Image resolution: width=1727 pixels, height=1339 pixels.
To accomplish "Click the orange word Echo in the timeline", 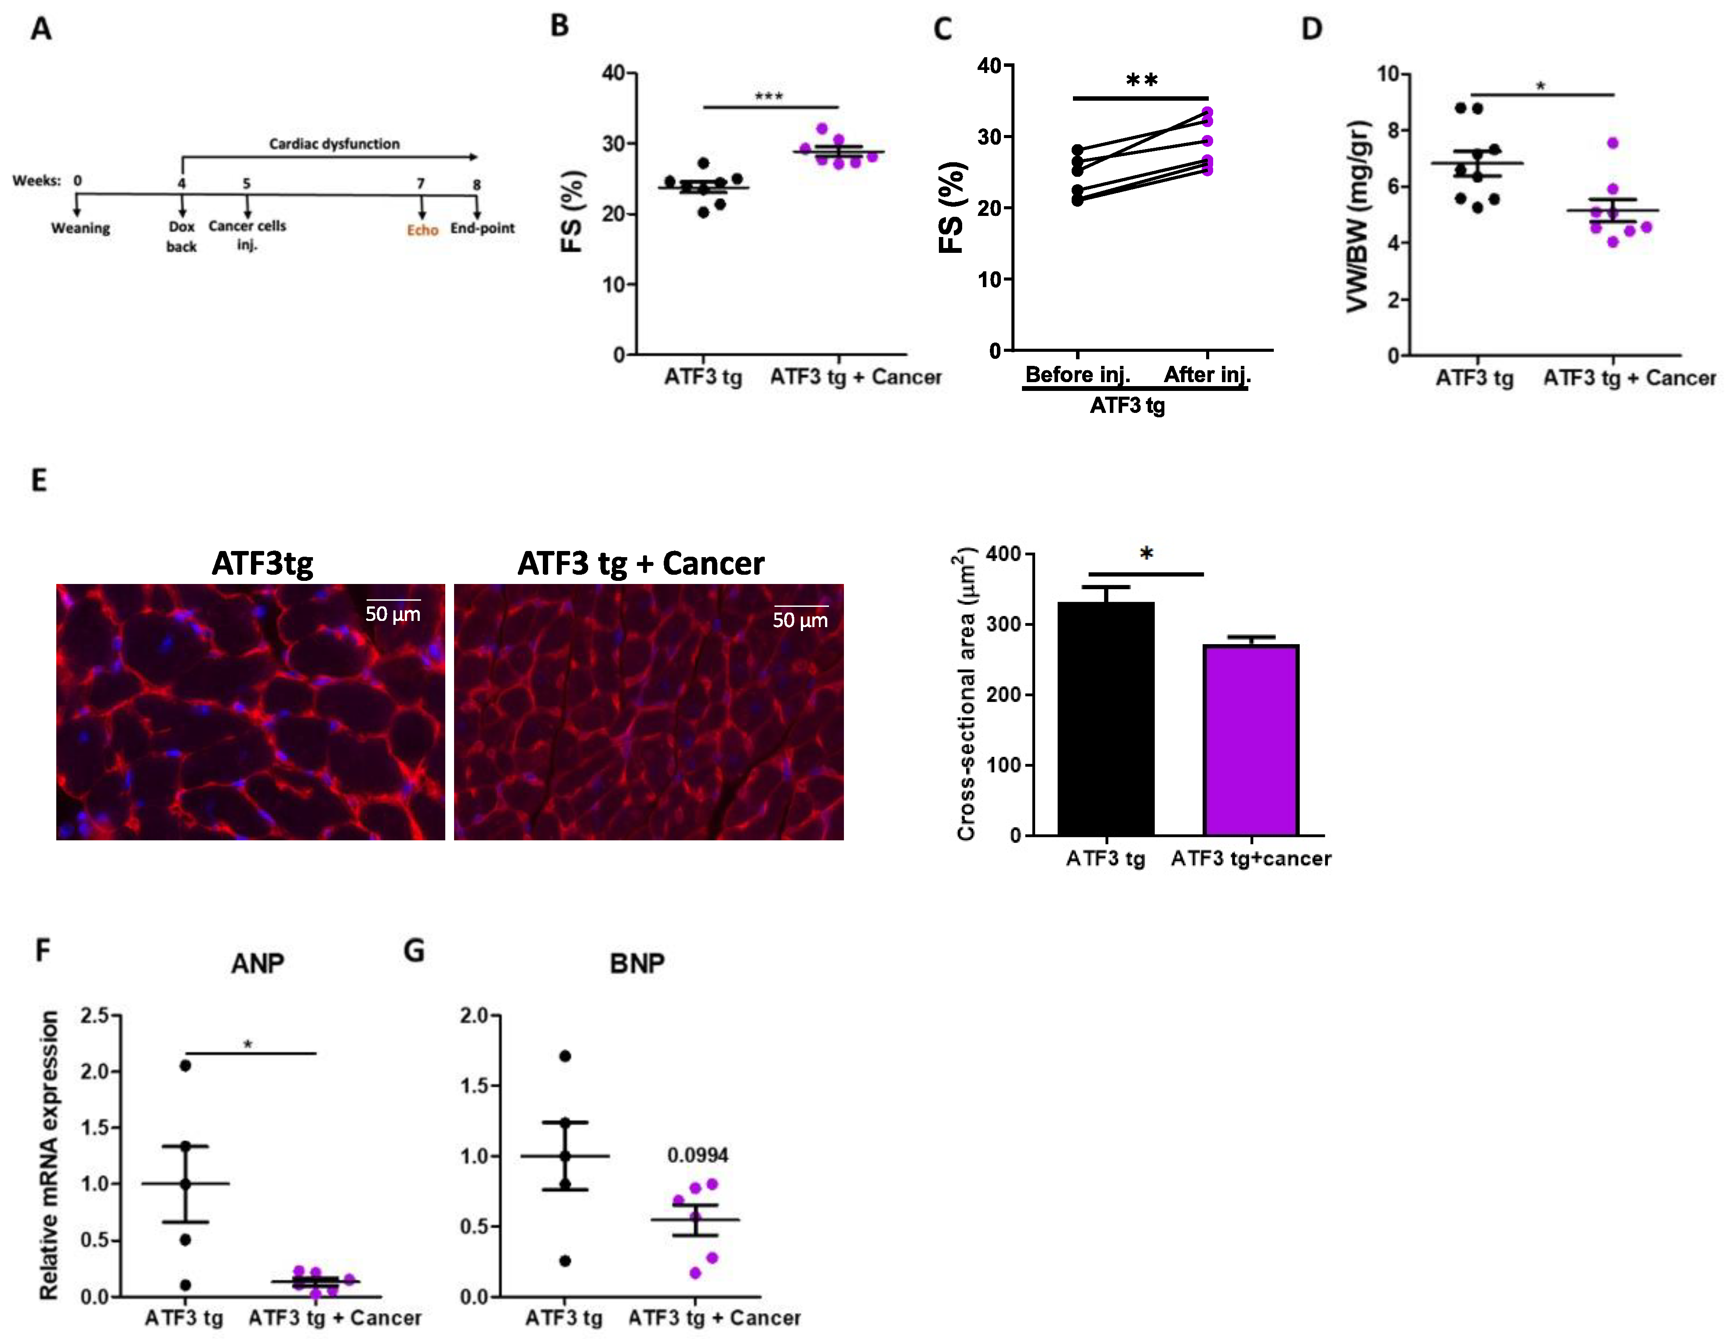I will (422, 230).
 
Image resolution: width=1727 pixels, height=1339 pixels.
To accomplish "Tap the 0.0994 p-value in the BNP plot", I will (698, 1156).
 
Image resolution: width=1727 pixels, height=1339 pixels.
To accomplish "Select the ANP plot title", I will (258, 963).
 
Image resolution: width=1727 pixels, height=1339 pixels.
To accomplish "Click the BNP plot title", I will (637, 963).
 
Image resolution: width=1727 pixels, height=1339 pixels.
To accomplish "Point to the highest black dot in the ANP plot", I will (185, 1065).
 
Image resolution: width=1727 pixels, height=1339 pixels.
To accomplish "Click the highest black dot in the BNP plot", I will (564, 1056).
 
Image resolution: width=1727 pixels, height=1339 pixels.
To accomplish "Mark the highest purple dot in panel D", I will (1612, 143).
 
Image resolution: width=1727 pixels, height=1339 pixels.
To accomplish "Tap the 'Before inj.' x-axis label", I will (1078, 374).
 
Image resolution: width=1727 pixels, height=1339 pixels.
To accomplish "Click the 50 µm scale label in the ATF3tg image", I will (393, 614).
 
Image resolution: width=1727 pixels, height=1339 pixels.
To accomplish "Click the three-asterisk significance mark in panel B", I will (769, 96).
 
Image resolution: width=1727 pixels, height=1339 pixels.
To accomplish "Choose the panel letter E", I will (39, 480).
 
